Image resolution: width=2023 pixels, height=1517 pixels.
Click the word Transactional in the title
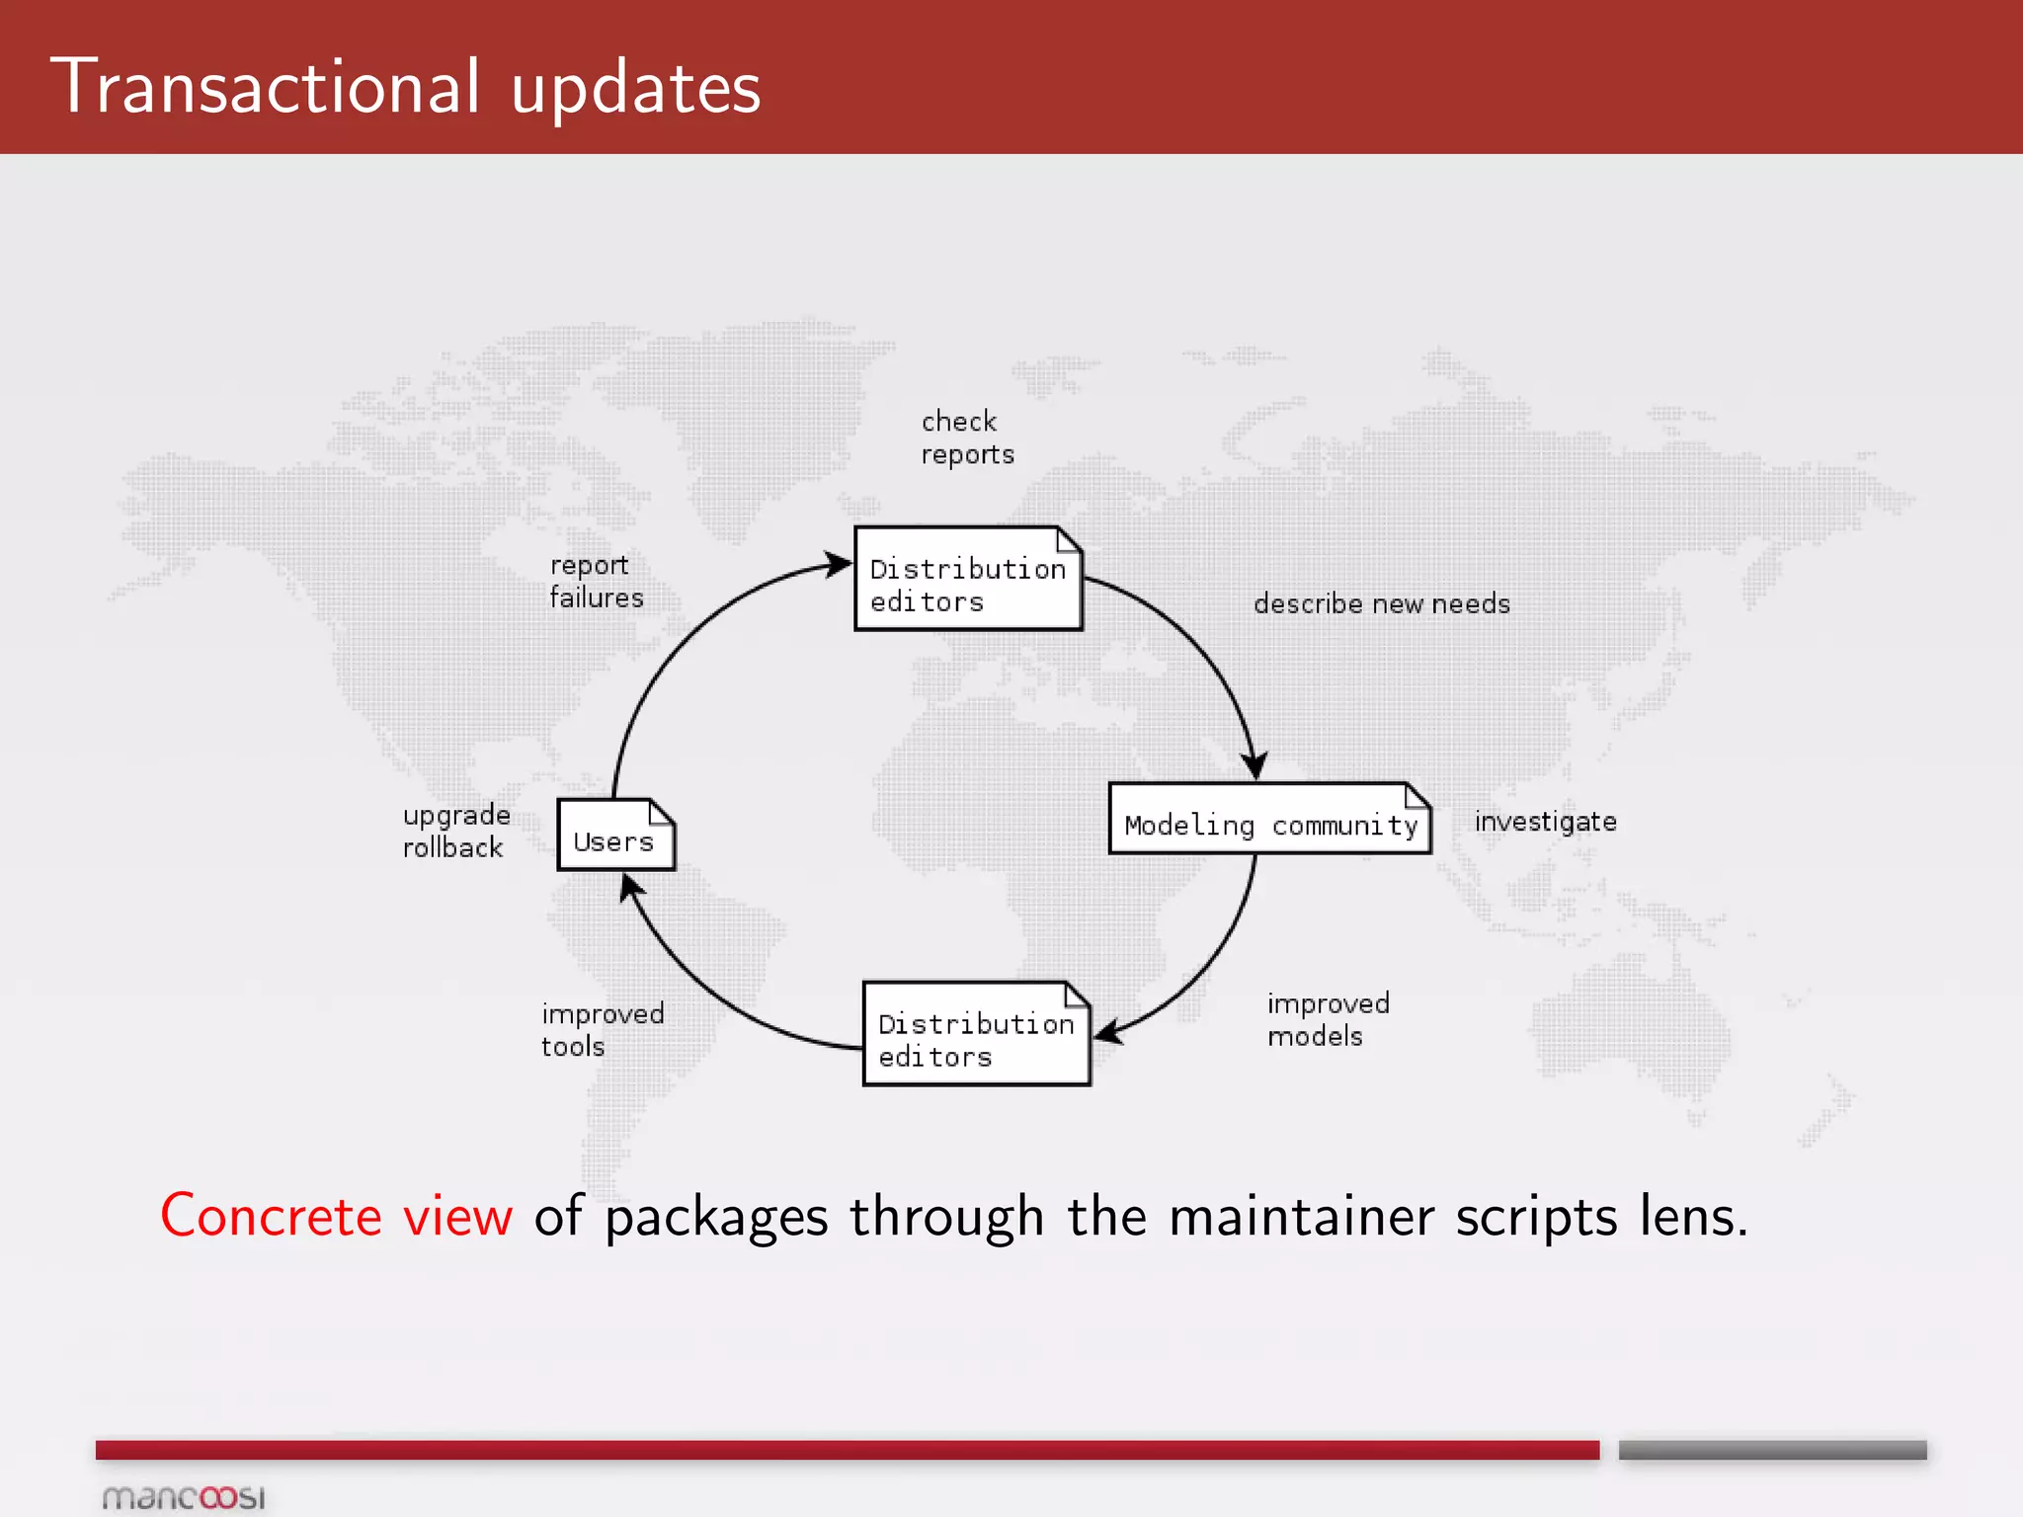[x=266, y=87]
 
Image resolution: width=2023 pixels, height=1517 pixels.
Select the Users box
[x=615, y=836]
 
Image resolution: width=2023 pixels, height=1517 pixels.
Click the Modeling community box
[x=1269, y=819]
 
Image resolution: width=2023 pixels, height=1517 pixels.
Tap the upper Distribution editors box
[x=968, y=580]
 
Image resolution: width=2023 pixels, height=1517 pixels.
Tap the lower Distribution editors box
[x=976, y=1034]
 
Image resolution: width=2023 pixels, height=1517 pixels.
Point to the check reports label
[x=967, y=438]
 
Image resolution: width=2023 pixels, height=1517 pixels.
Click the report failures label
[x=596, y=581]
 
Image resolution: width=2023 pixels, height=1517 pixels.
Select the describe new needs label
[x=1381, y=603]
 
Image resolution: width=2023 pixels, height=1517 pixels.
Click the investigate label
[x=1545, y=822]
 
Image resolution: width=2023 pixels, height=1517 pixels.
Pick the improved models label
[x=1328, y=1019]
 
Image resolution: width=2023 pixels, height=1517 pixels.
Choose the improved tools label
[x=602, y=1029]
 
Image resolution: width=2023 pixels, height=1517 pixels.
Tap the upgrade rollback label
[x=456, y=831]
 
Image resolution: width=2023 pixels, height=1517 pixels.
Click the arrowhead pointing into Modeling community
[x=1254, y=764]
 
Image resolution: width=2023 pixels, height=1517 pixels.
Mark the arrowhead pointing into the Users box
[x=630, y=888]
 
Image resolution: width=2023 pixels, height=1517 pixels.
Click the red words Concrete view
[x=337, y=1216]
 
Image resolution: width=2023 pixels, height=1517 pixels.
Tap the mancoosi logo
[x=184, y=1497]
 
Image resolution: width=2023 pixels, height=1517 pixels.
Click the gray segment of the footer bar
[x=1772, y=1450]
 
